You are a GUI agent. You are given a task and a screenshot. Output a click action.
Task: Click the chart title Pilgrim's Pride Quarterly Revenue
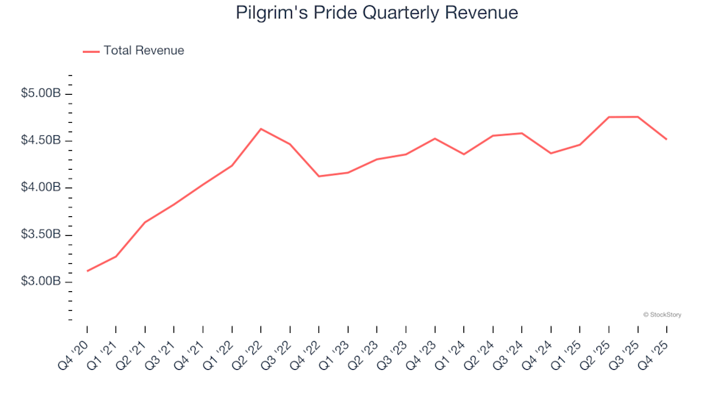coord(377,13)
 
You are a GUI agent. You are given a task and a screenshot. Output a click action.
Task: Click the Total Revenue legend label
coord(143,51)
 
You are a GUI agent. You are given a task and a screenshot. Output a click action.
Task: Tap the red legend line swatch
coord(91,51)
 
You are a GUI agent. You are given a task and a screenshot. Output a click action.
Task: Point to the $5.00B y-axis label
coord(40,94)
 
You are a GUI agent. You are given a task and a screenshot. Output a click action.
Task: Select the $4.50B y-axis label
coord(40,141)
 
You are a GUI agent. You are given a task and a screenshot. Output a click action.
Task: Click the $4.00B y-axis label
coord(40,188)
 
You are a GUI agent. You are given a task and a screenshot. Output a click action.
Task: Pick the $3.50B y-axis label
coord(40,235)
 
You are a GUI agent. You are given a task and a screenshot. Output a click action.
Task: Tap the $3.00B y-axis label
coord(40,282)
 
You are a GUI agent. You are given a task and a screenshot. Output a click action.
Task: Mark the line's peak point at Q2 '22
coord(261,129)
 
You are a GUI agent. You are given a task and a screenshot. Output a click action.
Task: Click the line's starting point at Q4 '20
coord(88,271)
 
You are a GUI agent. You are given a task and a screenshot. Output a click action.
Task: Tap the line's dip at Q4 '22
coord(319,176)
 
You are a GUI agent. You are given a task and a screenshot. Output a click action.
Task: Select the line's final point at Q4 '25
coord(666,139)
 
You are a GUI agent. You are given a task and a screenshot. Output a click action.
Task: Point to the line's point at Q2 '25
coord(609,117)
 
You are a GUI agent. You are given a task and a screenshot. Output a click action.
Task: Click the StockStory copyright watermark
coord(662,315)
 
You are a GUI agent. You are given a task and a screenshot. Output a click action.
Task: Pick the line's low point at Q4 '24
coord(551,153)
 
